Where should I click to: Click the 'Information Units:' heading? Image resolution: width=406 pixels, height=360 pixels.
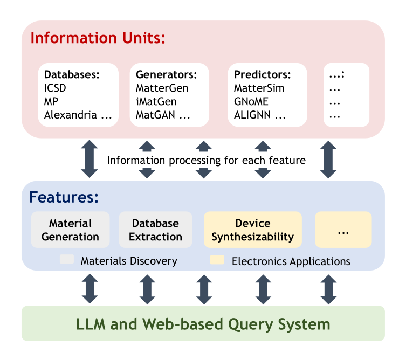[98, 38]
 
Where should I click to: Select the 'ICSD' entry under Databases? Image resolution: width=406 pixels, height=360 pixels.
[55, 88]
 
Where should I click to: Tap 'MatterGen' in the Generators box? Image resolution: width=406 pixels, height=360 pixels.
[162, 88]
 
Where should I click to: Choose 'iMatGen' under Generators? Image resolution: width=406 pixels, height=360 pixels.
[156, 101]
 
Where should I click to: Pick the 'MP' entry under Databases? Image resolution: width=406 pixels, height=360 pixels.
[51, 101]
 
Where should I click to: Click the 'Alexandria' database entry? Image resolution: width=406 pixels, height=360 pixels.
[71, 115]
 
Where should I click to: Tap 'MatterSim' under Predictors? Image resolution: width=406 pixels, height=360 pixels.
[259, 88]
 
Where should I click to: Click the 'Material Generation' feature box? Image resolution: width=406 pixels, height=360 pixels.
[70, 230]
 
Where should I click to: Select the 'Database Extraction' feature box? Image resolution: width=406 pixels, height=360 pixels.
[155, 230]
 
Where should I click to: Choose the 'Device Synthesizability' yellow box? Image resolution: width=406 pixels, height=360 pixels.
[252, 230]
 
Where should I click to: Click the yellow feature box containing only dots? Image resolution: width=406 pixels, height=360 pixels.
[343, 230]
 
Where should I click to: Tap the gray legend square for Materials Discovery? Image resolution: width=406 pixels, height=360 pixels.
[67, 260]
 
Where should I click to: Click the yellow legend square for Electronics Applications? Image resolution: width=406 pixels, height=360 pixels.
[217, 261]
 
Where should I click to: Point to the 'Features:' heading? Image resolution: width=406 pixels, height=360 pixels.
[64, 197]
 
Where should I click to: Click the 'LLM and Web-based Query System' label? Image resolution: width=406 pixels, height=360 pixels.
[203, 324]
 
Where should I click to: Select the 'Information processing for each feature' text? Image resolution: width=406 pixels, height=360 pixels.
[206, 160]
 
